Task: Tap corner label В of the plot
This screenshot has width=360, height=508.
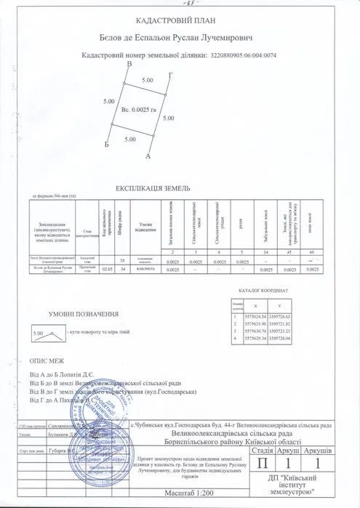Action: point(129,66)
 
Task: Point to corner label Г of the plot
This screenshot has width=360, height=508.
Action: point(169,76)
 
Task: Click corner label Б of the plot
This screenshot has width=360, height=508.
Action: point(107,145)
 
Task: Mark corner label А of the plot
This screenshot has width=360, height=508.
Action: point(148,156)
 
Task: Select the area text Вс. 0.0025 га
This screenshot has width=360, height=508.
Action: point(136,109)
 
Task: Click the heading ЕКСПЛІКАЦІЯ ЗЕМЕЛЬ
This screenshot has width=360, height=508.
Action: point(180,188)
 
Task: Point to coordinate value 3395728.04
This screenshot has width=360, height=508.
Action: point(280,338)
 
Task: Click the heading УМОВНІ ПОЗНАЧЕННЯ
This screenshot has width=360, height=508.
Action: point(84,314)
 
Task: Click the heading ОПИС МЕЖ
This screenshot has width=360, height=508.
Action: point(47,360)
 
